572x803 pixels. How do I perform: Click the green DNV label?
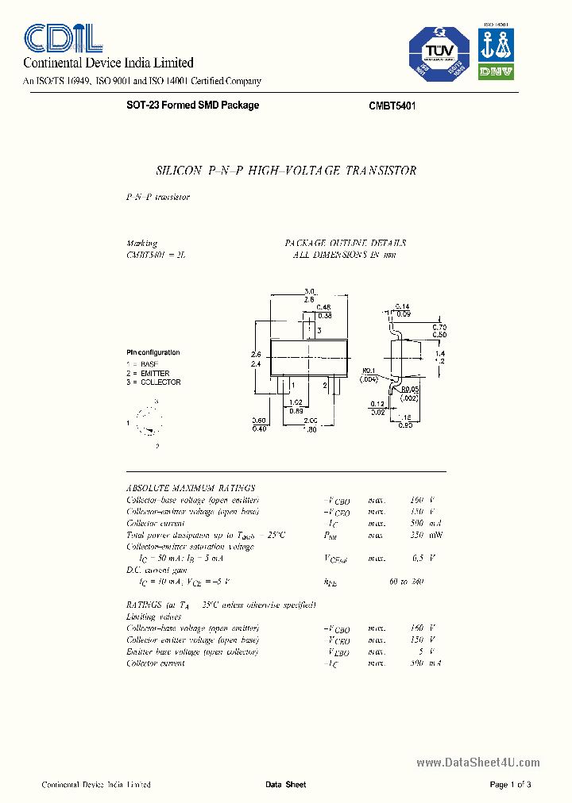496,71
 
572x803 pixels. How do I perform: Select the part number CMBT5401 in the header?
392,106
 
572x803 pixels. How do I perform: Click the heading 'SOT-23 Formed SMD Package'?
193,106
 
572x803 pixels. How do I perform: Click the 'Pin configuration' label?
153,352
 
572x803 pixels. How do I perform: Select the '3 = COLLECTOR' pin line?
153,382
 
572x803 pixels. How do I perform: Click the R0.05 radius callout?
410,389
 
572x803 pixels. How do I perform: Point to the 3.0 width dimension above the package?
311,291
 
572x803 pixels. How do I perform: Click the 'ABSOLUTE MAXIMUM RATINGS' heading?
191,488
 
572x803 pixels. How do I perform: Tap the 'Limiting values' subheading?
153,617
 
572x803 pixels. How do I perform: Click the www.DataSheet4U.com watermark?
477,763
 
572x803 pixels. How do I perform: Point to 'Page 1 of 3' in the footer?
510,785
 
